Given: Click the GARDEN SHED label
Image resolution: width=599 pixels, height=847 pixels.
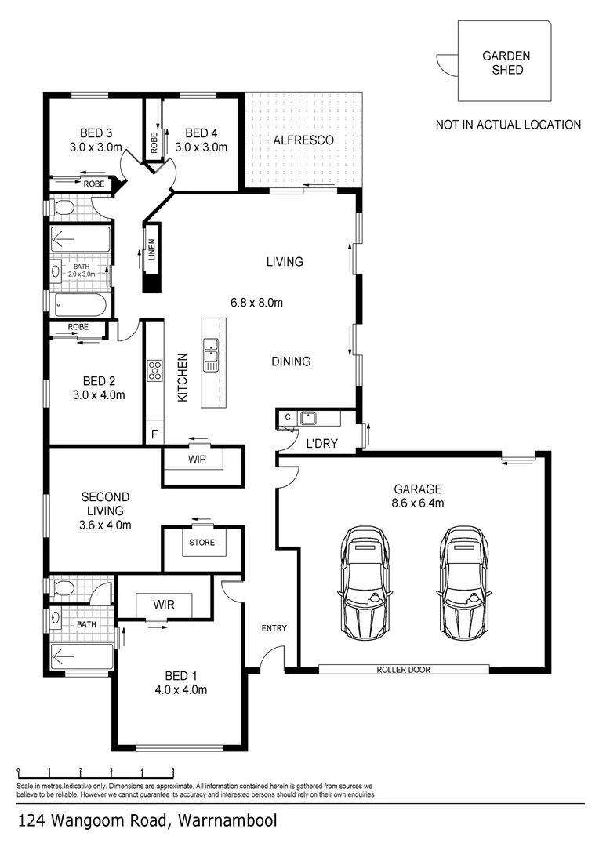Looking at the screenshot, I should (x=506, y=63).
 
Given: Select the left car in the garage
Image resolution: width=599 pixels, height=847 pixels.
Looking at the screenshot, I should (x=365, y=581).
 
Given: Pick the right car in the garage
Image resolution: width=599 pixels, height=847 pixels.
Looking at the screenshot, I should (x=464, y=581).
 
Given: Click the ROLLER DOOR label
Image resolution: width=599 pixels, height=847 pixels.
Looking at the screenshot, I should (x=403, y=670).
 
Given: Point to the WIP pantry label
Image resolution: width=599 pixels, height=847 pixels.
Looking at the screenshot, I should (x=197, y=460).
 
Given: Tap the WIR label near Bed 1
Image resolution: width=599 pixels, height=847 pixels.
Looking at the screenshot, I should (x=164, y=604).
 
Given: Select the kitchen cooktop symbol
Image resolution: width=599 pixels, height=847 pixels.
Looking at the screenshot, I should (x=154, y=369).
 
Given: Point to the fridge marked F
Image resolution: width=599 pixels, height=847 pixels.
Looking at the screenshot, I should (x=154, y=434).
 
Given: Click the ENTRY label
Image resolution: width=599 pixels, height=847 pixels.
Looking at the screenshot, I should (x=274, y=628).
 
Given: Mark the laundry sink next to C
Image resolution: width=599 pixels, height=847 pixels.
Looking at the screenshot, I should (x=306, y=417).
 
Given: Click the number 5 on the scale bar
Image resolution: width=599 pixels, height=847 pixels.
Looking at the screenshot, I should (x=172, y=770).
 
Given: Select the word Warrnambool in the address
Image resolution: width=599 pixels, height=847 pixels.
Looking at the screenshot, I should (x=227, y=822).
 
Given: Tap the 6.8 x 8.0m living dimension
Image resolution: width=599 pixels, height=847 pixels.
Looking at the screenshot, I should (x=256, y=303).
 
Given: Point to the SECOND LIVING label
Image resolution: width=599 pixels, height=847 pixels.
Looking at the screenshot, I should (x=106, y=503).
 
